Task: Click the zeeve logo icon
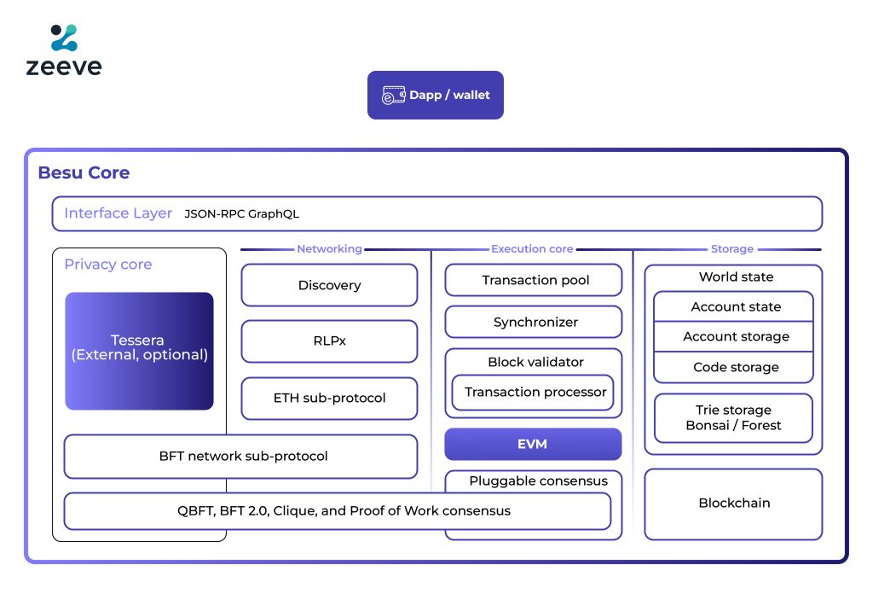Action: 64,38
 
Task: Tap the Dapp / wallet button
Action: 435,95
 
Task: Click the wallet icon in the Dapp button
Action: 393,95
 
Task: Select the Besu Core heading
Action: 84,172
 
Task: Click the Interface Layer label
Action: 118,213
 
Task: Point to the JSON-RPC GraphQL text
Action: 241,214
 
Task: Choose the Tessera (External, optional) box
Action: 139,350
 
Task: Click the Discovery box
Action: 329,285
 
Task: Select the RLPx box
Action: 329,341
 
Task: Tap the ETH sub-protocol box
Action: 329,398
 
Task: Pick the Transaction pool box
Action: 534,280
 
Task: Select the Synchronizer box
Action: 534,322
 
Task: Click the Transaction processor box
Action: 534,392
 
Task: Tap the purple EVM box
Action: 533,444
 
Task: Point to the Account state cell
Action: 735,306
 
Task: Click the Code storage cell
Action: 735,367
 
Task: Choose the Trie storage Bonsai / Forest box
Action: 733,417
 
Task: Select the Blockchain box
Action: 733,504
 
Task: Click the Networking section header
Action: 329,249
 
